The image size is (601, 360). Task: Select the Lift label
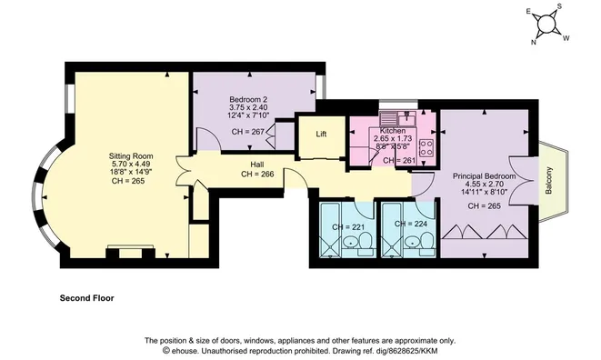tap(321, 135)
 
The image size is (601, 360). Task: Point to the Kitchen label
tap(393, 131)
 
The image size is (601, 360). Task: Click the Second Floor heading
tap(86, 297)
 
